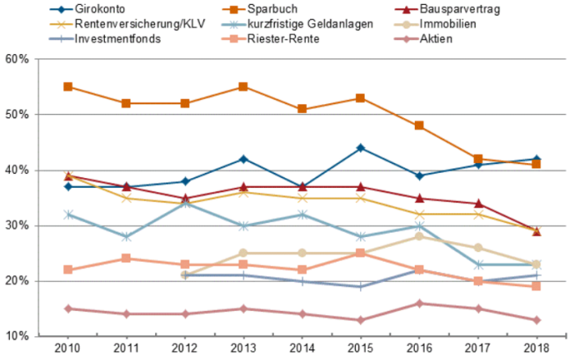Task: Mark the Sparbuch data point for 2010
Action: (68, 86)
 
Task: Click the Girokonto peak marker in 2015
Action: (361, 148)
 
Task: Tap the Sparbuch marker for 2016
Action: (419, 125)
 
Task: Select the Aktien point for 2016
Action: (419, 303)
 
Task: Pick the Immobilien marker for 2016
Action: (419, 236)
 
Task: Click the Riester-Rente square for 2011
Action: (126, 258)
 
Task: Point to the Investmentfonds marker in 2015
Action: (361, 286)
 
